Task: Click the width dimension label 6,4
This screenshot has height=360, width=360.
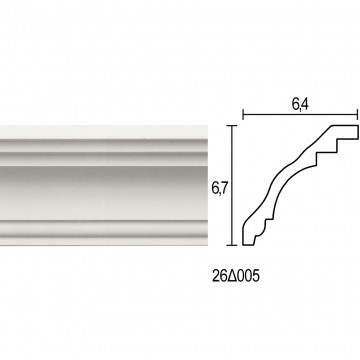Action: [x=300, y=105]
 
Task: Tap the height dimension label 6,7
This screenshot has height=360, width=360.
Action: [x=219, y=189]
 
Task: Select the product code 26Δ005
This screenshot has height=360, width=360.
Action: [x=235, y=276]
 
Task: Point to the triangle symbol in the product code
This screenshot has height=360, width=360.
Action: [x=234, y=276]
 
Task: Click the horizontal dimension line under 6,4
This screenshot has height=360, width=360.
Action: [x=300, y=115]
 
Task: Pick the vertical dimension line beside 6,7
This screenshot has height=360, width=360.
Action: [x=232, y=185]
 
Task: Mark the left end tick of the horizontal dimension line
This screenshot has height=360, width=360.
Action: [x=243, y=115]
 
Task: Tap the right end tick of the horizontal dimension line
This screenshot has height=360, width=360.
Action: [x=358, y=115]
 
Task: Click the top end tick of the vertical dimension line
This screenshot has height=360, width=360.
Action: [x=232, y=126]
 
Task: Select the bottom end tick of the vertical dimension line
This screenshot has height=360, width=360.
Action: [x=232, y=245]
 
